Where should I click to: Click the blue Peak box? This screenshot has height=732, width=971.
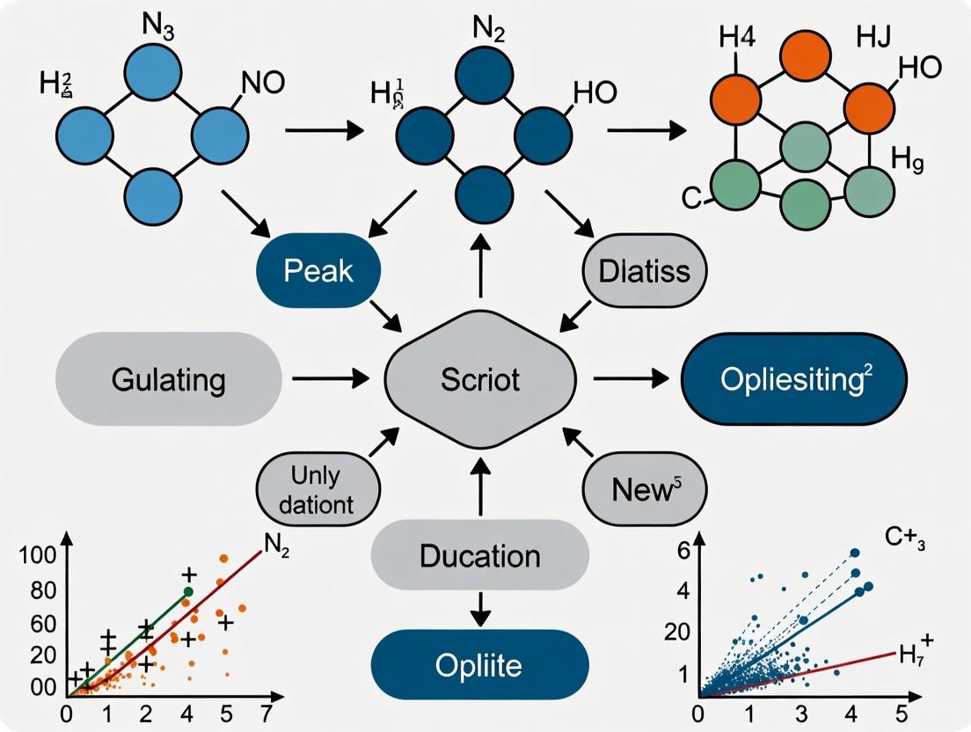pyautogui.click(x=318, y=270)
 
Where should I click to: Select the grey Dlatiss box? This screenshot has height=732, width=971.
pyautogui.click(x=646, y=270)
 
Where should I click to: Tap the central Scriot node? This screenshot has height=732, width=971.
pyautogui.click(x=480, y=379)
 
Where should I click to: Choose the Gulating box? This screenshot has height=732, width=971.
pyautogui.click(x=168, y=380)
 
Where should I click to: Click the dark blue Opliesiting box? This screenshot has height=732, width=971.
pyautogui.click(x=793, y=380)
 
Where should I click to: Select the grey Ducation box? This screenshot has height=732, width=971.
pyautogui.click(x=479, y=556)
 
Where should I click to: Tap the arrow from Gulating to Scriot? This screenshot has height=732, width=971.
pyautogui.click(x=330, y=379)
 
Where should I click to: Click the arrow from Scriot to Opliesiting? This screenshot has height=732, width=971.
pyautogui.click(x=630, y=379)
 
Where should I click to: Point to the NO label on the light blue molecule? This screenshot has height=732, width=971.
pyautogui.click(x=261, y=84)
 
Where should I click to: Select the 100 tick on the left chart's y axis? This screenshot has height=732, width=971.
pyautogui.click(x=42, y=556)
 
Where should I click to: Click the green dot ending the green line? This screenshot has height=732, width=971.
pyautogui.click(x=187, y=591)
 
